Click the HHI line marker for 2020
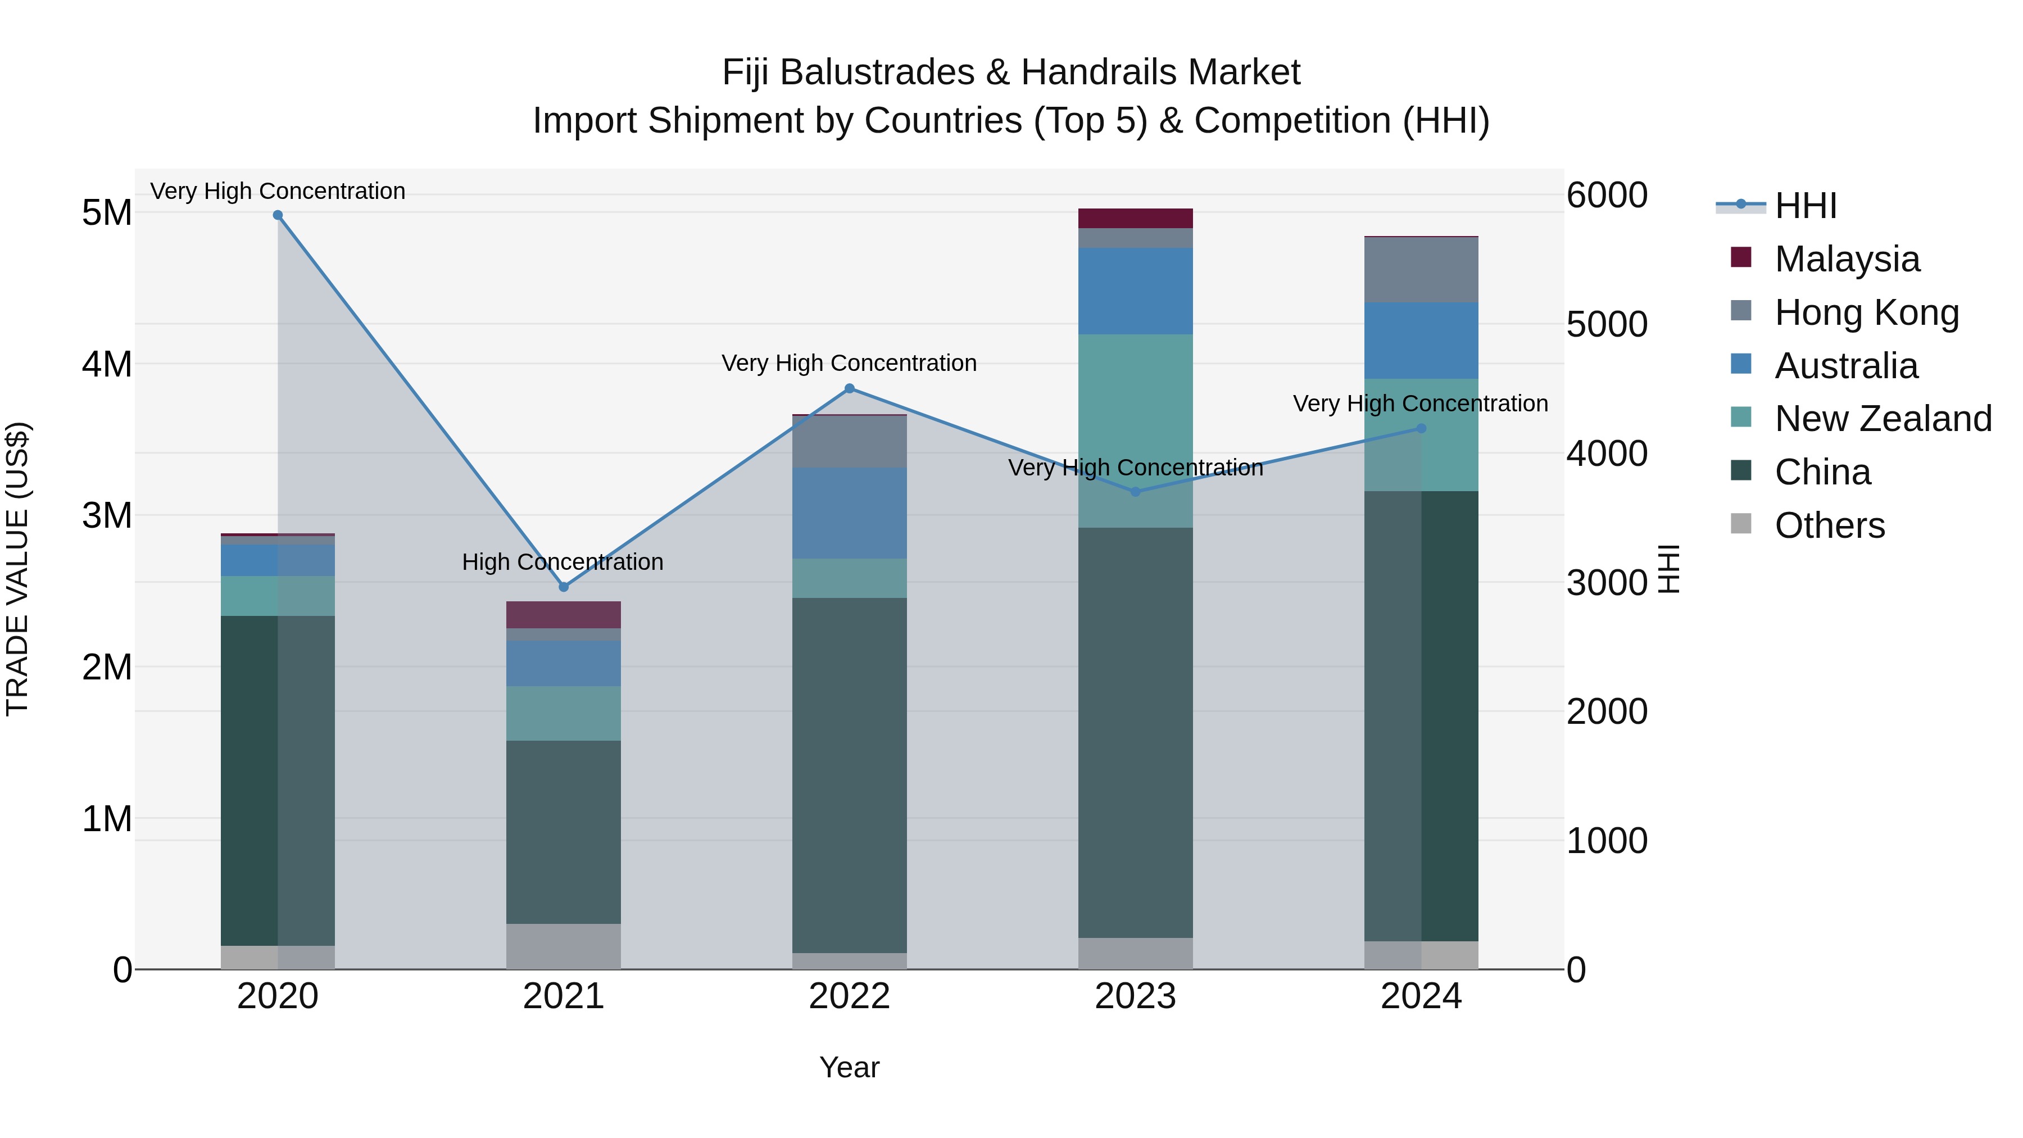[278, 215]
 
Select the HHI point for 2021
[563, 587]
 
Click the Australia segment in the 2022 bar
[849, 513]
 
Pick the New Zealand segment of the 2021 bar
[563, 713]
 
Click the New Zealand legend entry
[1883, 419]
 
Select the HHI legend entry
[1804, 206]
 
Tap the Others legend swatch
[1741, 524]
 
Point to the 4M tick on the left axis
[107, 364]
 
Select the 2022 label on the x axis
[849, 996]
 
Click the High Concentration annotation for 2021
[563, 563]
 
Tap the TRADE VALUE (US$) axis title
[17, 569]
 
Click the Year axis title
[849, 1067]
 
